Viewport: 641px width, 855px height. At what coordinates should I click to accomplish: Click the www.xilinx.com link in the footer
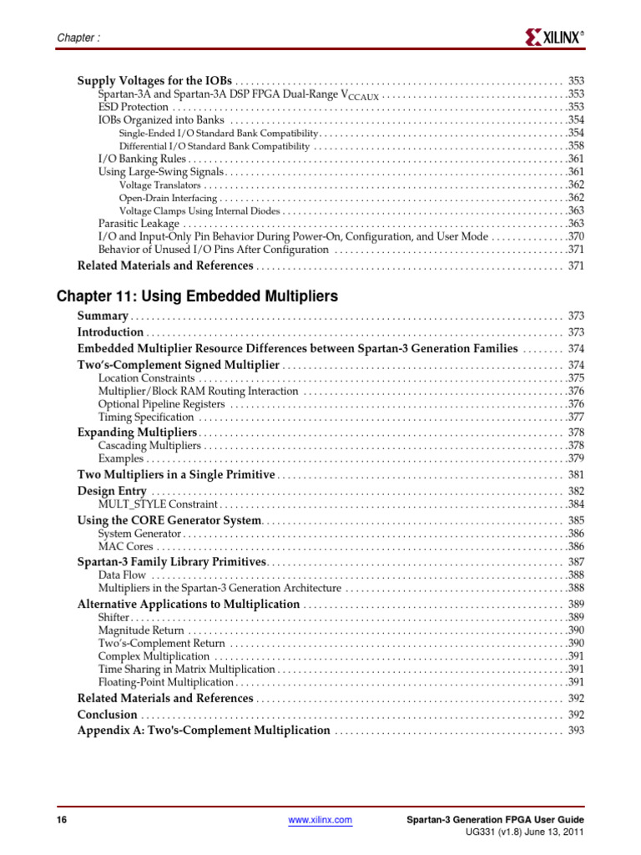point(320,821)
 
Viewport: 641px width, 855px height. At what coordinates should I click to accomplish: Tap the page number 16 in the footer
point(61,821)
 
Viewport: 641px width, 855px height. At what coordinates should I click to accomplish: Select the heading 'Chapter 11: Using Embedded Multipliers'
point(197,296)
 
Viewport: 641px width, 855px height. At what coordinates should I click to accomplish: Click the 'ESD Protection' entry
point(133,107)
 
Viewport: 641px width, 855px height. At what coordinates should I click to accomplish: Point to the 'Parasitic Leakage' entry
point(139,224)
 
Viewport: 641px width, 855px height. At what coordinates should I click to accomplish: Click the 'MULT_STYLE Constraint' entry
point(158,504)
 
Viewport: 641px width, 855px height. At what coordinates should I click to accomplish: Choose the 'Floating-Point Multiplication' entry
point(165,682)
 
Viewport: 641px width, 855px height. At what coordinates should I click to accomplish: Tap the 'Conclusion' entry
point(107,715)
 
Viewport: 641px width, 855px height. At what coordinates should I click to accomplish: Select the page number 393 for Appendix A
point(576,731)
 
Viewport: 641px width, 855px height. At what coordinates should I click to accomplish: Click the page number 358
point(576,146)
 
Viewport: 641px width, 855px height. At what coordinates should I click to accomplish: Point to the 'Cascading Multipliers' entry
point(149,446)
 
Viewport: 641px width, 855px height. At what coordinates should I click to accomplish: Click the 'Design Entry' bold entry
point(112,491)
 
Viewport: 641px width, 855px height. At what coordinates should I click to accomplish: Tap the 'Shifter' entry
point(114,617)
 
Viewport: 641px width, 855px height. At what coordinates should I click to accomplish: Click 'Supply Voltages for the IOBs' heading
point(154,81)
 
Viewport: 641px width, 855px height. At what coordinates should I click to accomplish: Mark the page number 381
point(576,475)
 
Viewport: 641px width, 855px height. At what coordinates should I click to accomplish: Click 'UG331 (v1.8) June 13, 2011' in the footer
point(524,833)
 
